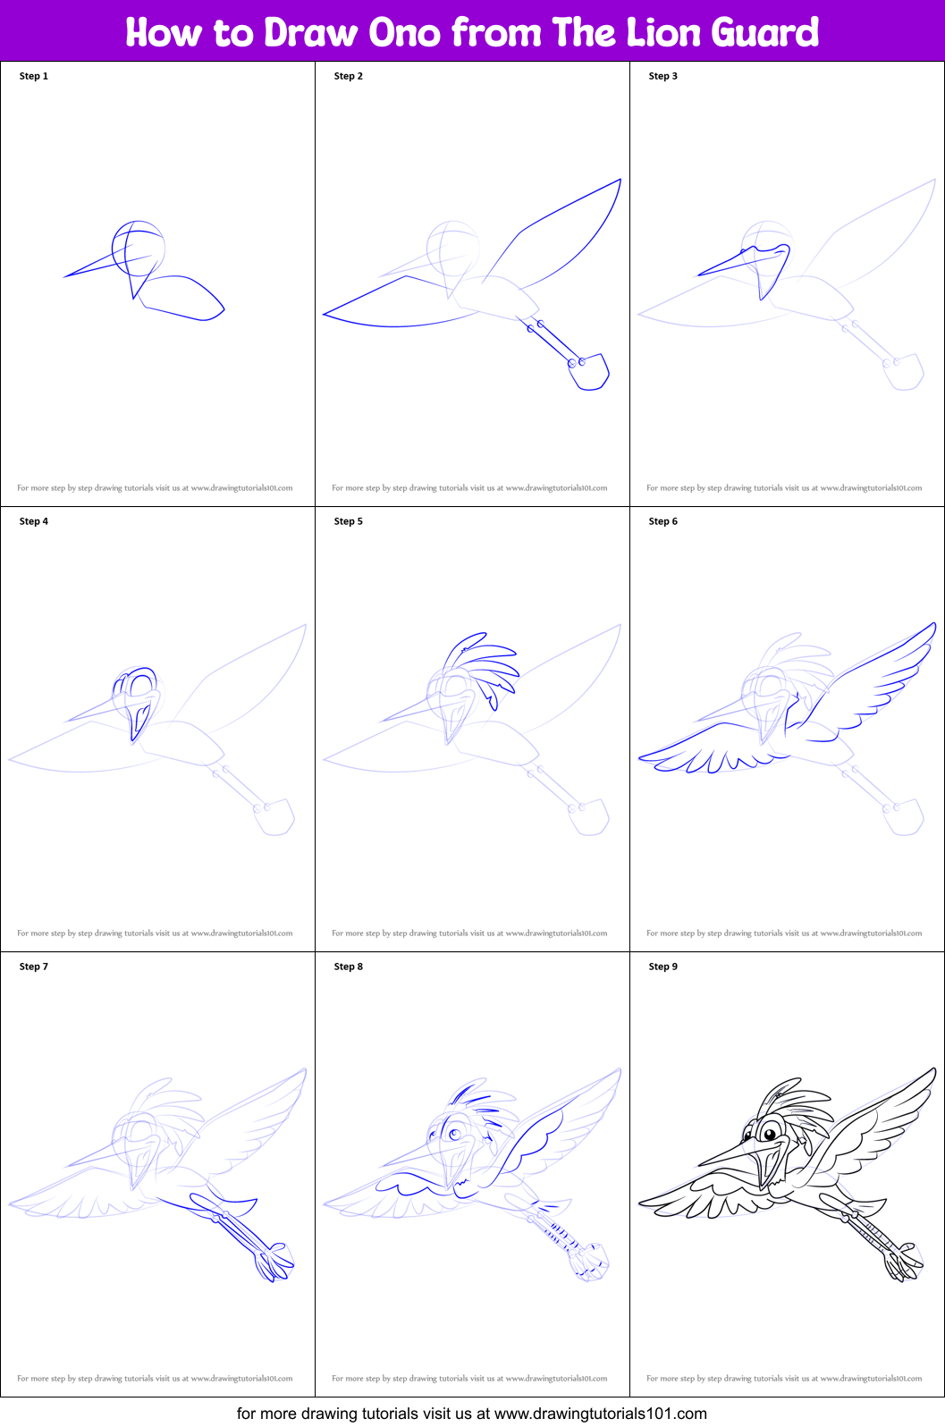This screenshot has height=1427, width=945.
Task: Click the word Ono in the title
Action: point(404,33)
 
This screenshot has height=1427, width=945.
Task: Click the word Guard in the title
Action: point(764,33)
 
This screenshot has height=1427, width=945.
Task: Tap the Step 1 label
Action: point(34,76)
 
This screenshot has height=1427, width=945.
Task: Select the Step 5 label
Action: point(348,521)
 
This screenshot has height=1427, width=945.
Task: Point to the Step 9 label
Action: point(662,967)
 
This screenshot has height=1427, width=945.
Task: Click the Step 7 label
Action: point(34,967)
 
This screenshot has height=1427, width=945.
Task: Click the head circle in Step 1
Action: point(139,248)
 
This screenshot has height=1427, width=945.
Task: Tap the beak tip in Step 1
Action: point(65,276)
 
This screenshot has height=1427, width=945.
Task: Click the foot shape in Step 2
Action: point(590,372)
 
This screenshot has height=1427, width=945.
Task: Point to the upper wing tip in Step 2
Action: point(619,181)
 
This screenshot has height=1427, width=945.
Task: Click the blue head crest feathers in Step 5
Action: point(483,662)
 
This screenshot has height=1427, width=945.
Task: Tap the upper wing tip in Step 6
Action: point(933,625)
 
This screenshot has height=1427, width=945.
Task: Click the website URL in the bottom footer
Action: point(600,1414)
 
